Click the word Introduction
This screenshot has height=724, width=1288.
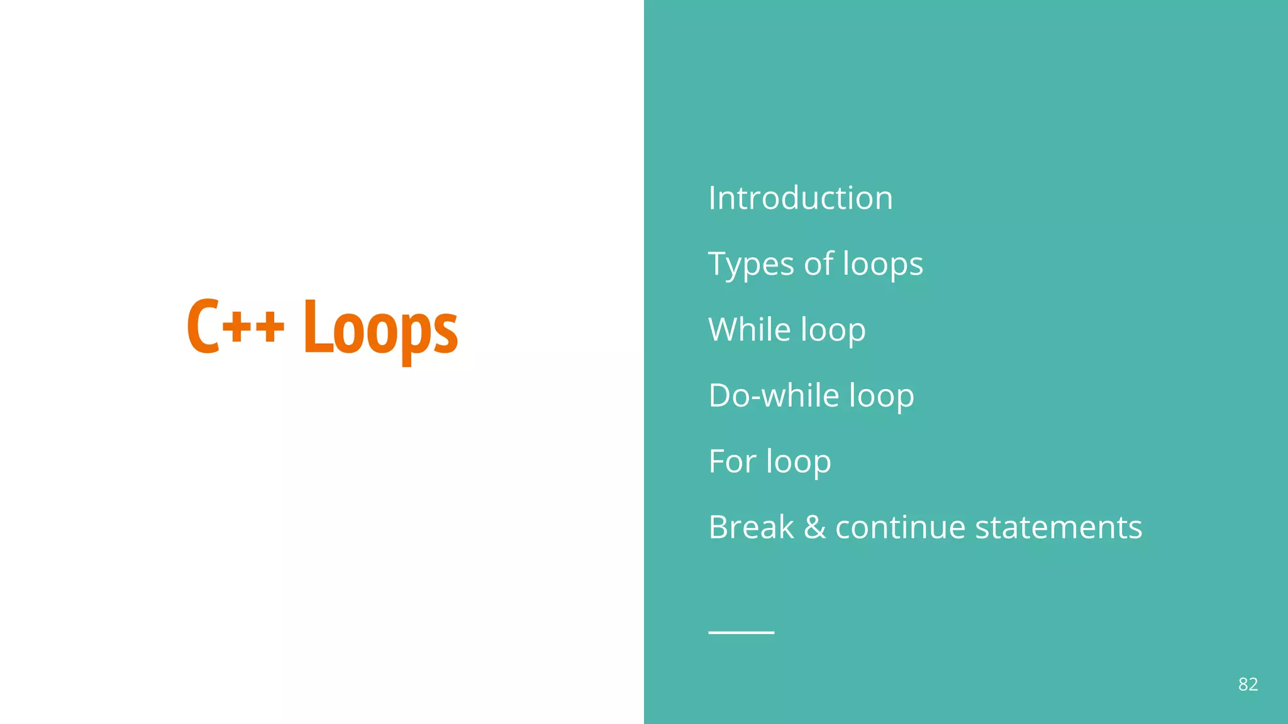(800, 198)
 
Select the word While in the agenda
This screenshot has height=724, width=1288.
(749, 329)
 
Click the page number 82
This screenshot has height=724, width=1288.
(1248, 684)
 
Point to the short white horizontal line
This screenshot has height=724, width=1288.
(741, 632)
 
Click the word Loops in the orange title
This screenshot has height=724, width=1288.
(380, 328)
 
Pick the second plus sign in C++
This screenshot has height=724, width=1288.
(269, 327)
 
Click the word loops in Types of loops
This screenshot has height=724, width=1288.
(882, 264)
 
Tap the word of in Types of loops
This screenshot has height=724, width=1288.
(818, 264)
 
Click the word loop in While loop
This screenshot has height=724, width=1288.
(833, 331)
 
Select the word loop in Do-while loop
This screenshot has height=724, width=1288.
(881, 397)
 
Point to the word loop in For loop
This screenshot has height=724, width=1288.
(798, 463)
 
